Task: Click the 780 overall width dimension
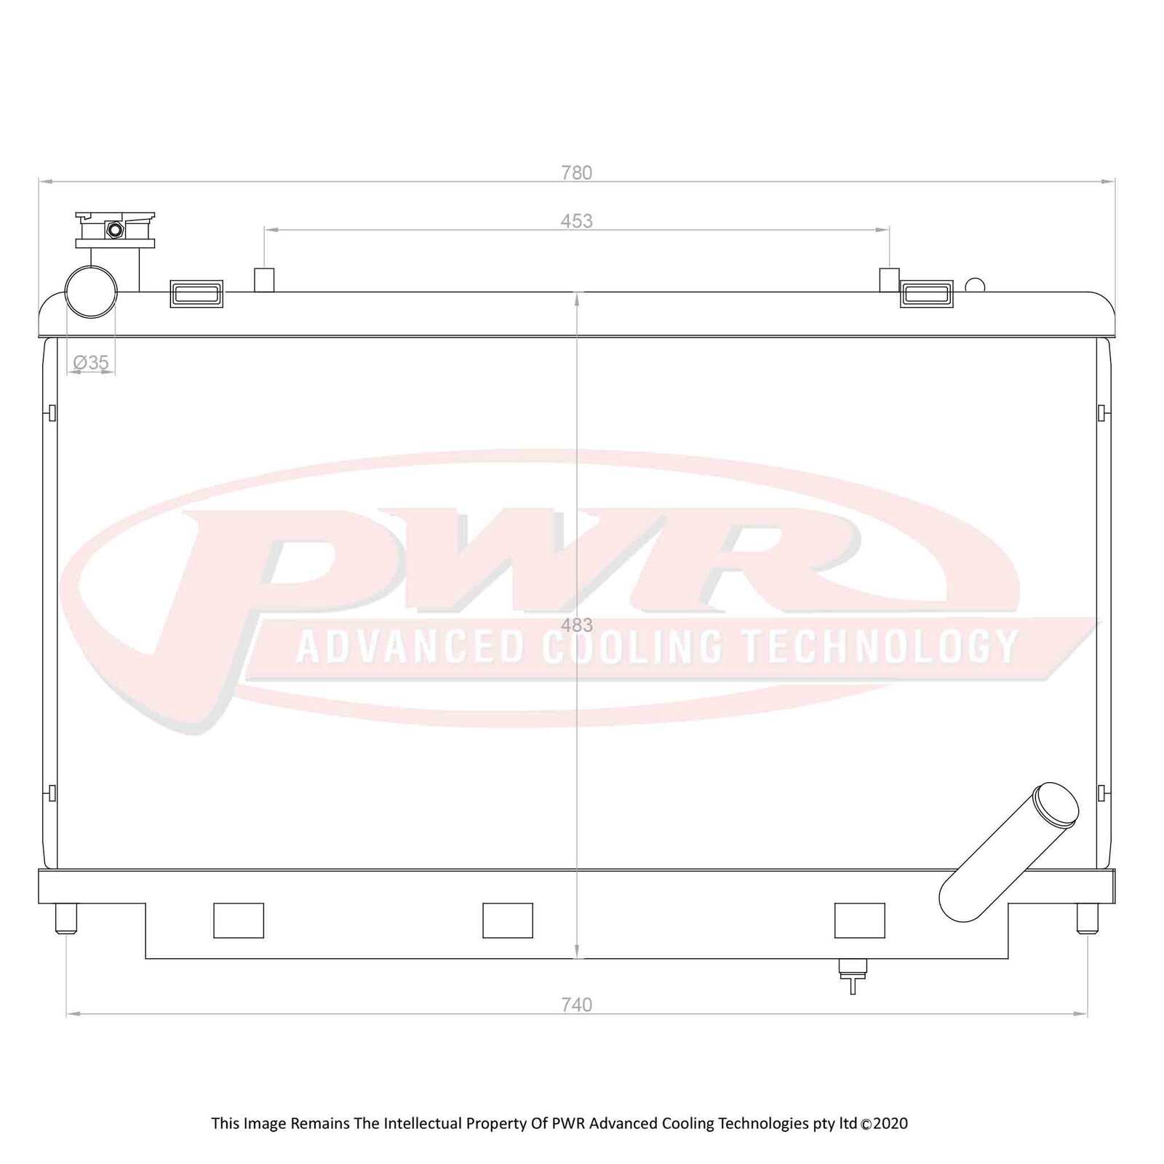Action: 576,173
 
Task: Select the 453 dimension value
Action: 576,221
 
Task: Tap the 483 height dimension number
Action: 576,625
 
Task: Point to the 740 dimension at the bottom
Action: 576,1005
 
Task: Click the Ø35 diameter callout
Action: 91,362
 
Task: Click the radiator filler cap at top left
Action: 115,230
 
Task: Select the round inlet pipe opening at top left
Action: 91,292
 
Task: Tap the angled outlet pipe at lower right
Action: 1008,853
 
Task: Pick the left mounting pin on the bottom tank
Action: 66,918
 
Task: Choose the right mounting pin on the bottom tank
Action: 1087,918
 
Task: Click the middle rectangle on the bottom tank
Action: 508,920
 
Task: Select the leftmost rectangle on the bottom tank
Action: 239,920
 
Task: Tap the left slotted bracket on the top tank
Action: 196,294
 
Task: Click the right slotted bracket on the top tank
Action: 926,294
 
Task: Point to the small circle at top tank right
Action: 975,285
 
